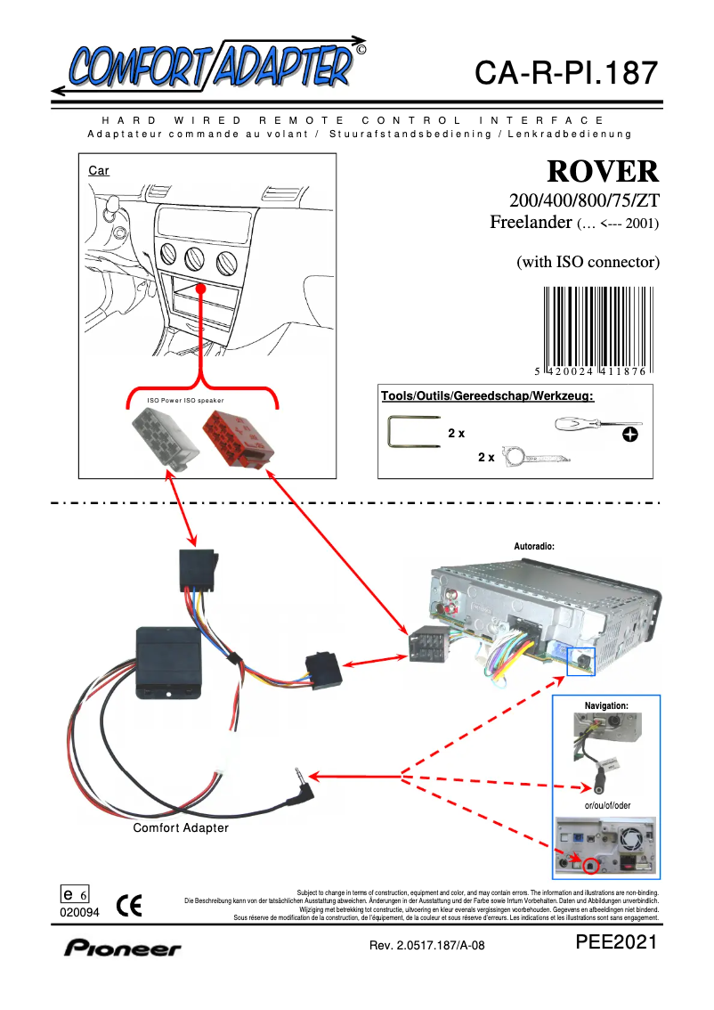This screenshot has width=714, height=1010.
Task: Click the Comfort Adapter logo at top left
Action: point(209,64)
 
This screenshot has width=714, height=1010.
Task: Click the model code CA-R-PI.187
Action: point(565,73)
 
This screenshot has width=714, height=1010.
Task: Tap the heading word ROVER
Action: point(603,171)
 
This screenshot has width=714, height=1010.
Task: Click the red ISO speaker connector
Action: point(234,436)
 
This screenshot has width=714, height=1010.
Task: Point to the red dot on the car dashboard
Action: point(202,289)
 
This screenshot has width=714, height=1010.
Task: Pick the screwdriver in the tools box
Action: point(588,427)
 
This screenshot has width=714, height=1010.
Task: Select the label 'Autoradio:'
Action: point(534,545)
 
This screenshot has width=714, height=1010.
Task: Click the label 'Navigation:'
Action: point(606,705)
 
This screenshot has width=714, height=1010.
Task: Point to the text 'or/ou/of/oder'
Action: point(606,805)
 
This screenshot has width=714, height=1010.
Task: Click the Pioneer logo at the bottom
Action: point(122,949)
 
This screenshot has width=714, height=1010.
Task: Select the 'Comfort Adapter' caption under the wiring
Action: point(181,828)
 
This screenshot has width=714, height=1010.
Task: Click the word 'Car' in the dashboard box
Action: point(99,170)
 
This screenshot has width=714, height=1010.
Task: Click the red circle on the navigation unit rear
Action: point(592,861)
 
